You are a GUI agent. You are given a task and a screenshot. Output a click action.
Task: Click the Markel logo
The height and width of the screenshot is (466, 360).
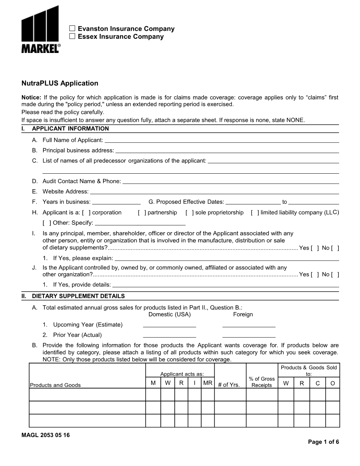[x=41, y=30]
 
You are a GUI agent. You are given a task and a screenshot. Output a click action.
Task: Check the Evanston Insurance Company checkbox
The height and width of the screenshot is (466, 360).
[x=72, y=28]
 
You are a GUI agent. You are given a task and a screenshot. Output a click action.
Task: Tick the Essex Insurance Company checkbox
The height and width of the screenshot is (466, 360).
[x=72, y=36]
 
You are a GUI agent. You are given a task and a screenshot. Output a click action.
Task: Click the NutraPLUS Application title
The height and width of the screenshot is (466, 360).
[x=60, y=83]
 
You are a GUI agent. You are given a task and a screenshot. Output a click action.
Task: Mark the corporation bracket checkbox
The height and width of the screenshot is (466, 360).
[x=86, y=213]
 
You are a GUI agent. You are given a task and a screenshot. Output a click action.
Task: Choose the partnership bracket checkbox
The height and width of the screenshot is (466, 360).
[x=142, y=213]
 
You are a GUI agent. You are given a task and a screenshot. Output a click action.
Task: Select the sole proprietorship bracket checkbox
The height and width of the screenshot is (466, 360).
[x=190, y=213]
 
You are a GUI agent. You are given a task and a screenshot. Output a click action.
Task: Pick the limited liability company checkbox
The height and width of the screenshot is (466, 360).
[x=255, y=213]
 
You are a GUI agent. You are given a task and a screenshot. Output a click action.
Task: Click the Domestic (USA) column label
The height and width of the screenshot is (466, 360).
[x=169, y=315]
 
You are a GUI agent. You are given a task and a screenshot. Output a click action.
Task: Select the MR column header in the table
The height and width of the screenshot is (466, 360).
[x=208, y=383]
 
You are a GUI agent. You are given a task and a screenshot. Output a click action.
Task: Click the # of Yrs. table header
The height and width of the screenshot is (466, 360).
[x=229, y=385]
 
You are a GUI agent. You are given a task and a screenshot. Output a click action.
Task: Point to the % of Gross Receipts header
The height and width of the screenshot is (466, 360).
[x=262, y=382]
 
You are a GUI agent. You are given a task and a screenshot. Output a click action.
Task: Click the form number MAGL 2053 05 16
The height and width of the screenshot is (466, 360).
[x=46, y=435]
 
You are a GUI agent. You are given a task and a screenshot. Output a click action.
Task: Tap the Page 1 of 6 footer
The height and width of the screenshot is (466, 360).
[x=323, y=442]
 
